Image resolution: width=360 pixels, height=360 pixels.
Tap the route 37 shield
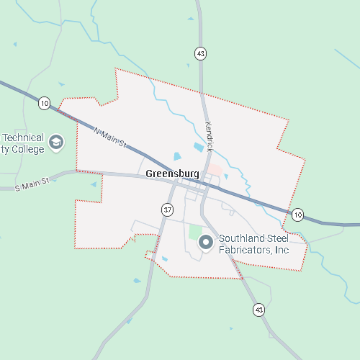tap(167, 210)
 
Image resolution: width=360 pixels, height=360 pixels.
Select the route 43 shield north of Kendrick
tap(200, 53)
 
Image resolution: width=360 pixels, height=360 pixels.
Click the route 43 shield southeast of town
tap(258, 310)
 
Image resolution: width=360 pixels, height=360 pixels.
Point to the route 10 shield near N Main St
tap(45, 104)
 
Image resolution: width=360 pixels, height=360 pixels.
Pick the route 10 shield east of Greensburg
tap(298, 214)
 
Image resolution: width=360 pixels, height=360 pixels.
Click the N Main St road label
tap(110, 138)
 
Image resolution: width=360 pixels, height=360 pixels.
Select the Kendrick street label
tap(210, 136)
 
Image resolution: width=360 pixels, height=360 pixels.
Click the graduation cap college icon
tap(58, 143)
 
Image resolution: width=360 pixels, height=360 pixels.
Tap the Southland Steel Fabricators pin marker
tap(205, 243)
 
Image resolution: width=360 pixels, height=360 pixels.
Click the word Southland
tap(240, 238)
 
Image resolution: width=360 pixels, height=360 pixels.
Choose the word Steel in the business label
tap(276, 238)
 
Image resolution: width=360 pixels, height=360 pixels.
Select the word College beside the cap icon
tap(28, 149)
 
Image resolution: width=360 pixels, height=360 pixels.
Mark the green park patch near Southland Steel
tap(194, 232)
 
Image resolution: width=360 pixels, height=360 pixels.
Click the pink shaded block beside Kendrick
tap(215, 169)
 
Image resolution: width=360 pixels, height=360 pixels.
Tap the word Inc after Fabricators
tap(282, 250)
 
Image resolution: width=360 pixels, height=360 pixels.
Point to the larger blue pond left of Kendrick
tap(198, 148)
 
